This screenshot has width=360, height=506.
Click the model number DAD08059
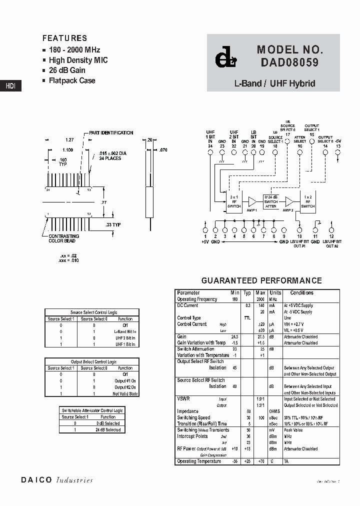(289, 63)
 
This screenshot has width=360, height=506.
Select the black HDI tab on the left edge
(10, 85)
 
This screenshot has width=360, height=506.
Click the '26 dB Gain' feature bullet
(67, 70)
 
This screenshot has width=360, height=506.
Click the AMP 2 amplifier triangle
(289, 201)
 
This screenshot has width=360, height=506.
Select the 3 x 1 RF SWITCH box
(233, 201)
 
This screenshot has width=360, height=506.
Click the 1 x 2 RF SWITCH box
(308, 201)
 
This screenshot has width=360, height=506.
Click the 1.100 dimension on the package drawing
(67, 150)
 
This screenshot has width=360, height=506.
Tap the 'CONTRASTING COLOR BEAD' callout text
(63, 238)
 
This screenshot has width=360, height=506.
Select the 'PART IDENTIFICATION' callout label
(111, 133)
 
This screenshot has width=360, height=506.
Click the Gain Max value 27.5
(260, 337)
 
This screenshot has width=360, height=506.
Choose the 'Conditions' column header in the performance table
(301, 293)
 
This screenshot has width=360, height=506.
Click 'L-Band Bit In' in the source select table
(125, 331)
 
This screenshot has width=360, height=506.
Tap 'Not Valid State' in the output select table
(126, 394)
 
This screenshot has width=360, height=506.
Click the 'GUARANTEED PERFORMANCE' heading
(261, 280)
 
